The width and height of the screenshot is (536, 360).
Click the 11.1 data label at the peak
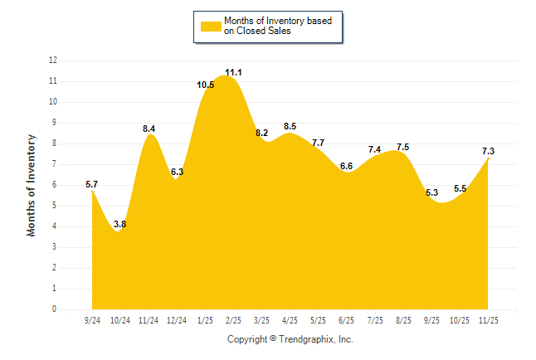233,73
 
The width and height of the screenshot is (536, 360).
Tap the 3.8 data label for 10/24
119,224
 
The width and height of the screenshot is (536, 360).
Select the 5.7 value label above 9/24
92,184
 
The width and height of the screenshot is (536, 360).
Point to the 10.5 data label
206,85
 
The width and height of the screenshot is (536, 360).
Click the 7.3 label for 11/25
488,151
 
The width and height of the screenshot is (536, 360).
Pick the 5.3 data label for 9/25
431,192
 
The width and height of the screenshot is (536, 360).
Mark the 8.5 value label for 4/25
290,127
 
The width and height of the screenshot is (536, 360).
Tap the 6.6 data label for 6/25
347,166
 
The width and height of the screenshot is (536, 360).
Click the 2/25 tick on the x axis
233,320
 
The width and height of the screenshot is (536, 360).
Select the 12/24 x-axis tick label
177,320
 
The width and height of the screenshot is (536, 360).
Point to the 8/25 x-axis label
403,320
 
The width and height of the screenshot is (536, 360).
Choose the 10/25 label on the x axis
460,320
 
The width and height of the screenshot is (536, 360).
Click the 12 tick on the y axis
53,61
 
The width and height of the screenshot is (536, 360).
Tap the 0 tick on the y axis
55,309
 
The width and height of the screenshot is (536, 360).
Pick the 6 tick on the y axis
55,185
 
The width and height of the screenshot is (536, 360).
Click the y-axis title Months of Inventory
32,185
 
